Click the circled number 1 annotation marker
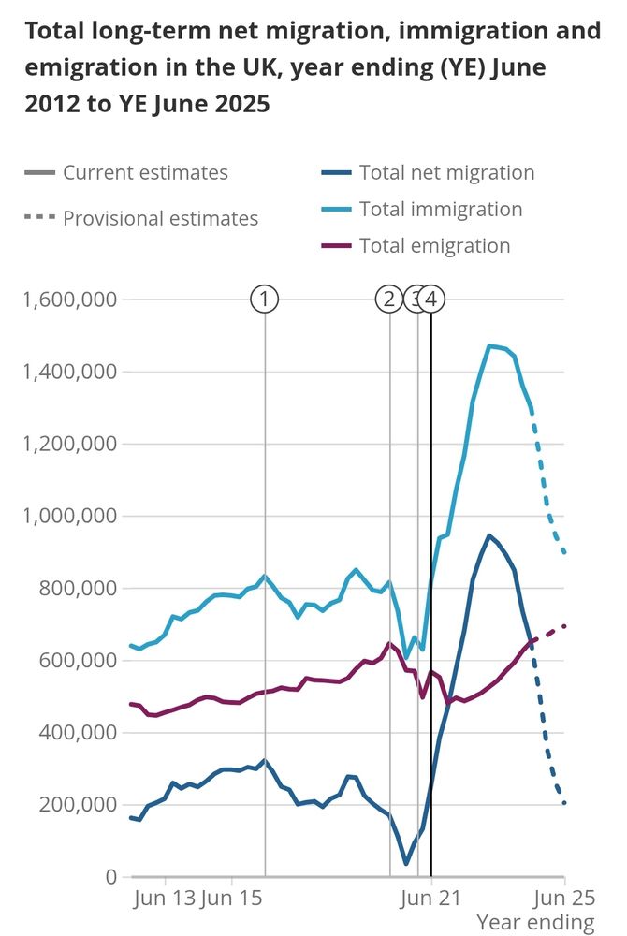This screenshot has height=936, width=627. click(x=265, y=300)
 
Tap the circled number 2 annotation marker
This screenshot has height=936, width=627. click(x=388, y=300)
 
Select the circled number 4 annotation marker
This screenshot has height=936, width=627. click(x=430, y=300)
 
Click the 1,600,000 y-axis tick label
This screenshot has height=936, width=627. click(x=70, y=300)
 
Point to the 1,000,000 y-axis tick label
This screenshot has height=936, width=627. click(x=70, y=517)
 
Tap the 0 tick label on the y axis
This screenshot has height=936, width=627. click(x=110, y=877)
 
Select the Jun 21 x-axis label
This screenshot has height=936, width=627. click(x=431, y=899)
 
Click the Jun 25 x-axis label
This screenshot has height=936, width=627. click(x=564, y=899)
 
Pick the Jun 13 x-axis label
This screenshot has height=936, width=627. click(x=166, y=899)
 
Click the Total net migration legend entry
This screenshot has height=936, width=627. click(x=446, y=172)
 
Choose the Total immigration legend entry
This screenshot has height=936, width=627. click(x=440, y=209)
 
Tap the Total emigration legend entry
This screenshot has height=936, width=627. click(x=434, y=245)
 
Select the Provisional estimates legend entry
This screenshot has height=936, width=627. click(x=159, y=218)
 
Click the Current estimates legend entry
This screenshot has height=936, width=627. click(x=145, y=172)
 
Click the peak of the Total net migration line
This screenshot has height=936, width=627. click(x=488, y=535)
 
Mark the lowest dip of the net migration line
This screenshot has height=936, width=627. click(x=407, y=863)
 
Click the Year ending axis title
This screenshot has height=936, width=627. click(x=535, y=922)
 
